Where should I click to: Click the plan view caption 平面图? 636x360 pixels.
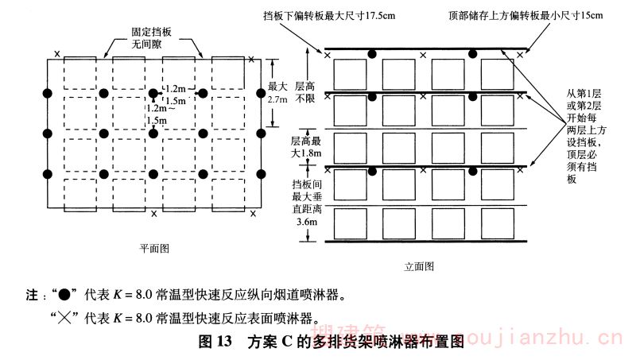pos(151,248)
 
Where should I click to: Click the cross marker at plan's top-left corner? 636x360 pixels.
pos(56,55)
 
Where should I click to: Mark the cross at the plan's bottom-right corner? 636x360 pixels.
pos(253,213)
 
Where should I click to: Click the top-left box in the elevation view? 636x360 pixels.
pos(350,74)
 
